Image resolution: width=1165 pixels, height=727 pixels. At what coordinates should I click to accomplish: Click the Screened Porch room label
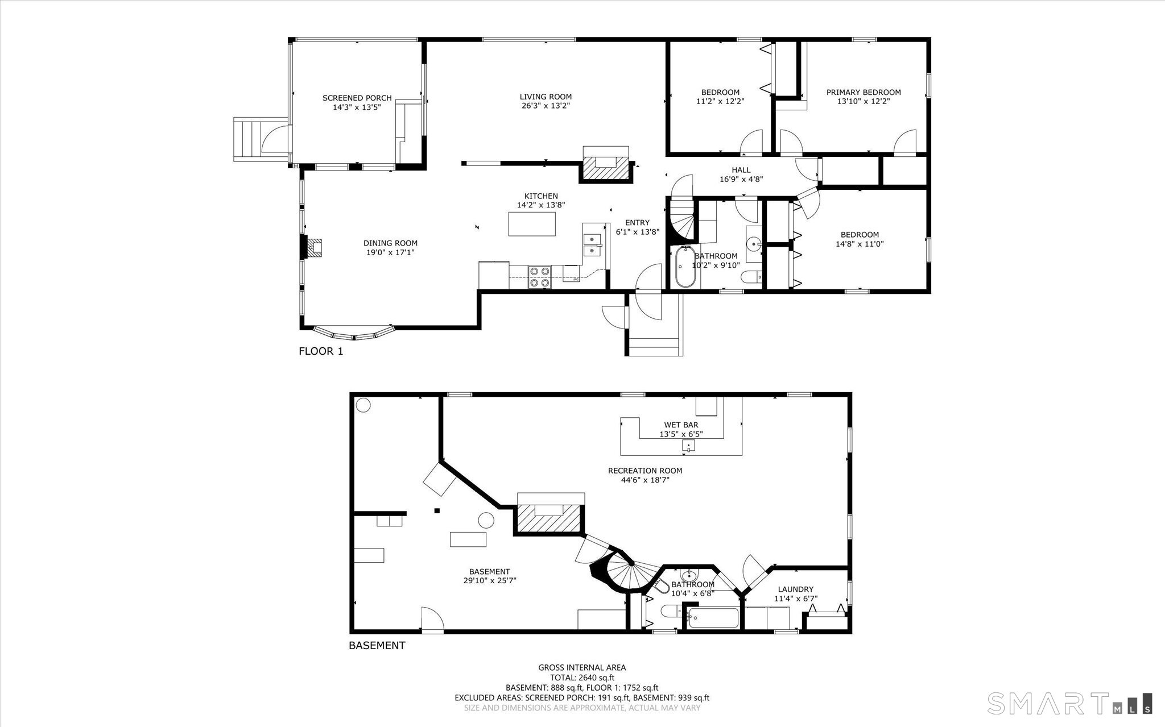click(357, 98)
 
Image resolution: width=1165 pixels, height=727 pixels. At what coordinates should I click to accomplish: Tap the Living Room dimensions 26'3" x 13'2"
click(545, 106)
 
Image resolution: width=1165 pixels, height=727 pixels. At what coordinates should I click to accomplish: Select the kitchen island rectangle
click(532, 224)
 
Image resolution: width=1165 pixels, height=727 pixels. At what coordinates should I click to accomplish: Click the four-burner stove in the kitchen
click(539, 277)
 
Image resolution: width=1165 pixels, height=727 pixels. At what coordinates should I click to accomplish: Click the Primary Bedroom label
click(863, 92)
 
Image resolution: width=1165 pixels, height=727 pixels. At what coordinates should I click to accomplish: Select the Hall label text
click(741, 170)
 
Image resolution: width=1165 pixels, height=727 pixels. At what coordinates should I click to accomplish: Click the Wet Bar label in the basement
click(681, 425)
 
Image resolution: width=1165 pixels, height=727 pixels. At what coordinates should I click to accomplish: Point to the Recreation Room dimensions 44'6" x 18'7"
click(645, 480)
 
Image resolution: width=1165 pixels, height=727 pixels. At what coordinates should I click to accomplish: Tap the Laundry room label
click(795, 589)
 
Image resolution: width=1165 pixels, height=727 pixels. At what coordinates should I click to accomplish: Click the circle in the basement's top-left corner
click(363, 405)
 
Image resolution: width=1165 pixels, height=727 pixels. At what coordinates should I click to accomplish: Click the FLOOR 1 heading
click(321, 351)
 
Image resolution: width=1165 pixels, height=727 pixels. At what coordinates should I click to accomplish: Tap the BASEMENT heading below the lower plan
click(377, 646)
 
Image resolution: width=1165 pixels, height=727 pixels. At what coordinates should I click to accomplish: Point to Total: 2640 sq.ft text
click(582, 678)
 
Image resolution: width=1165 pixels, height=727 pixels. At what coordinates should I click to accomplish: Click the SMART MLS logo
click(1069, 703)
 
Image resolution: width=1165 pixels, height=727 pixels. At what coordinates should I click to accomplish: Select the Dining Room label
click(390, 243)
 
